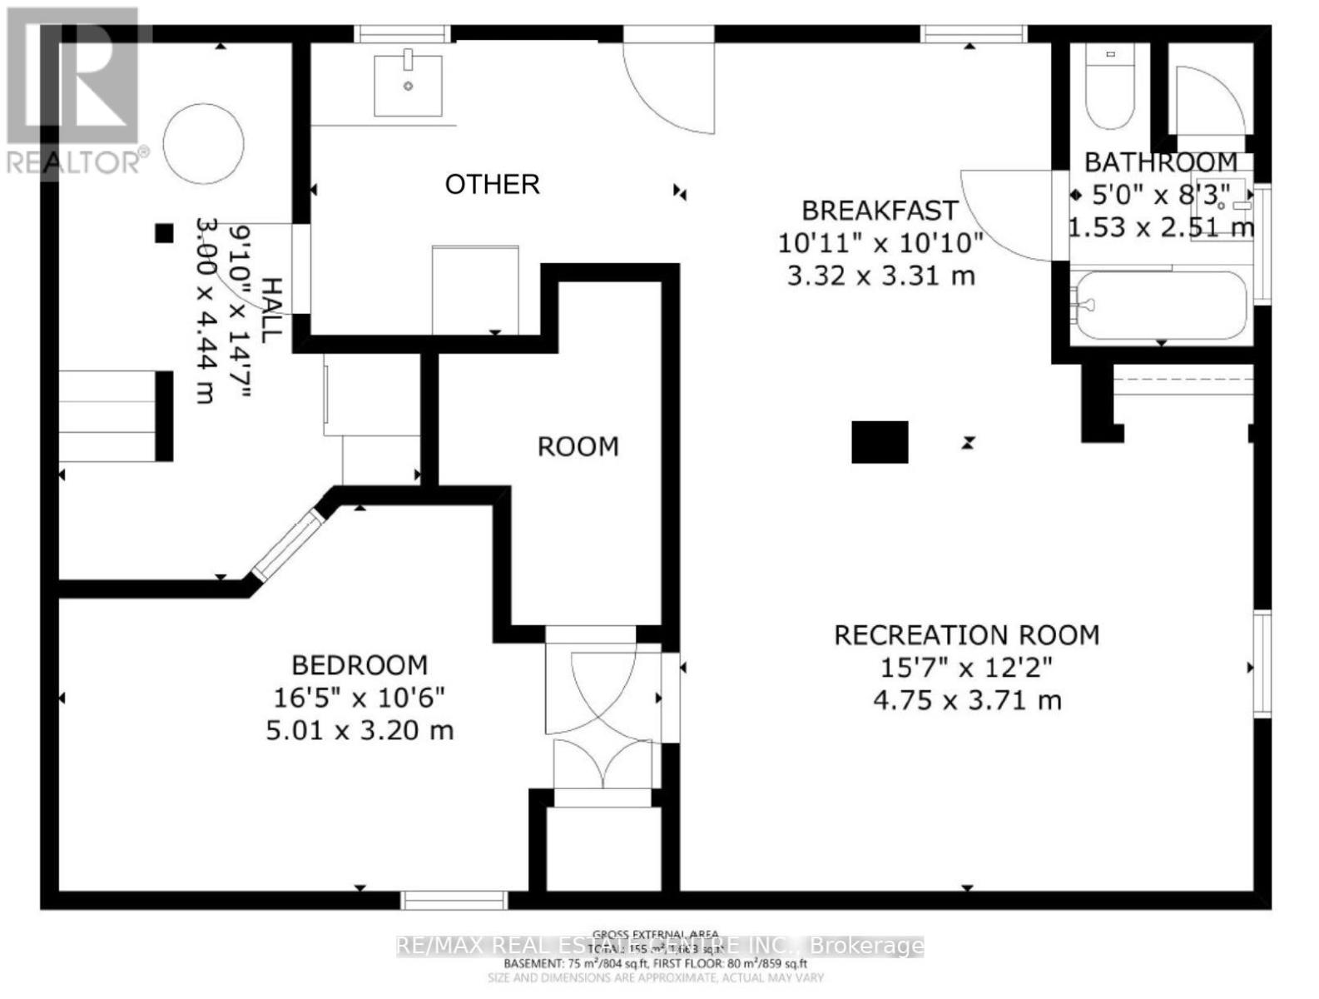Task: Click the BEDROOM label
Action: [360, 665]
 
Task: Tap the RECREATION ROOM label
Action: [966, 636]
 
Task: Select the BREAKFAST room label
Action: [880, 210]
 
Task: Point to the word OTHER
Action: [492, 184]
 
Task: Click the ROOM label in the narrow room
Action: [578, 447]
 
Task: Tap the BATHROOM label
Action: [1160, 162]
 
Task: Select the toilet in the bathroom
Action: [1109, 87]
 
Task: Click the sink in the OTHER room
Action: [407, 85]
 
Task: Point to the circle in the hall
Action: [204, 143]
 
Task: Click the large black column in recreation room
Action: [880, 442]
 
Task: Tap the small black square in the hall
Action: [164, 234]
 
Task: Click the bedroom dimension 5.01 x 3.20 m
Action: [360, 731]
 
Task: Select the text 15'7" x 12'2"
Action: [966, 668]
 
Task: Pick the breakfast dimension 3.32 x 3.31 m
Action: [880, 276]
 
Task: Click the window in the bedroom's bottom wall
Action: [454, 900]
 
